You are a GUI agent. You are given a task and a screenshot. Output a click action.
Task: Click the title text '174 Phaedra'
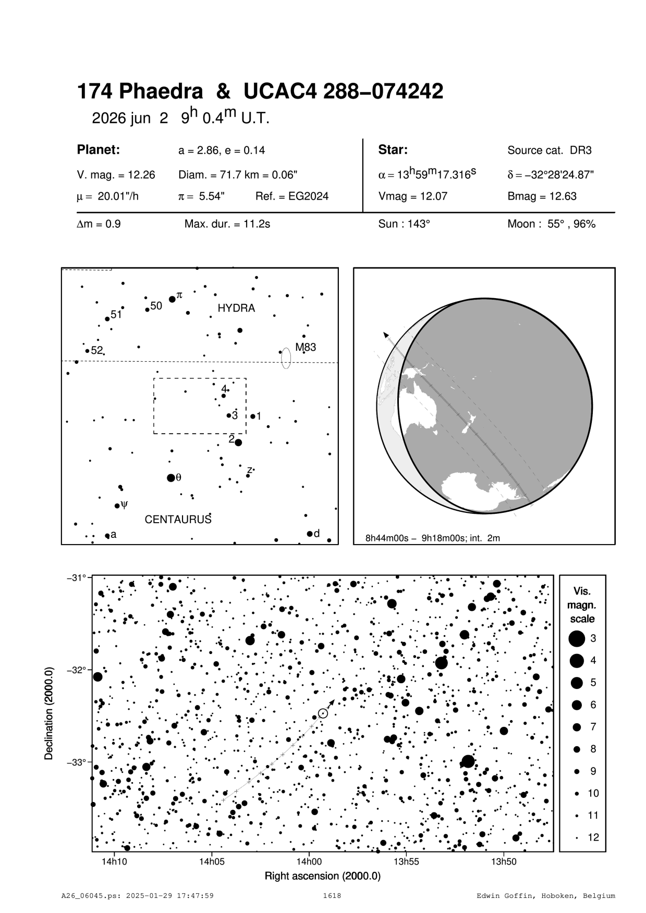pyautogui.click(x=140, y=92)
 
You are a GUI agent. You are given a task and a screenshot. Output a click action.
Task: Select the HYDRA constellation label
pyautogui.click(x=236, y=309)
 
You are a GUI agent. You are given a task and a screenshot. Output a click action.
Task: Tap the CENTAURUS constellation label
pyautogui.click(x=178, y=520)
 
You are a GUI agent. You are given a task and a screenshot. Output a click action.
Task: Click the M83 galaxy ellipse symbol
pyautogui.click(x=286, y=358)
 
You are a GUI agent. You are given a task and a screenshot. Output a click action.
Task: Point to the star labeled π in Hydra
pyautogui.click(x=172, y=299)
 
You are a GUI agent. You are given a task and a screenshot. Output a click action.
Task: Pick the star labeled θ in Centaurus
pyautogui.click(x=170, y=478)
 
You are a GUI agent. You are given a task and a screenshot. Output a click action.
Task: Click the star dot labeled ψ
pyautogui.click(x=117, y=505)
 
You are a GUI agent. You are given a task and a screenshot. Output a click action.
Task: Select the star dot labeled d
pyautogui.click(x=310, y=534)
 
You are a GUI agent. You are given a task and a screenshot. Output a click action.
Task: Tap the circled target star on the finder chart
pyautogui.click(x=323, y=713)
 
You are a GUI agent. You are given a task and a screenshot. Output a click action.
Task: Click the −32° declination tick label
pyautogui.click(x=76, y=670)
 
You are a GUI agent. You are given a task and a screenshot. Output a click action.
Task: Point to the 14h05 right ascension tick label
pyautogui.click(x=211, y=861)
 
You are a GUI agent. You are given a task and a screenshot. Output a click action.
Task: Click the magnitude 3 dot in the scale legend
pyautogui.click(x=577, y=638)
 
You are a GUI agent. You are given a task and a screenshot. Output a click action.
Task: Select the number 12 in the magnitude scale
pyautogui.click(x=593, y=837)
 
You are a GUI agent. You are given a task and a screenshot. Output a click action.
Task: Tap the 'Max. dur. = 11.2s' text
pyautogui.click(x=227, y=225)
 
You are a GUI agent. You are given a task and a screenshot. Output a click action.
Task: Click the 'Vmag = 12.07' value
pyautogui.click(x=412, y=196)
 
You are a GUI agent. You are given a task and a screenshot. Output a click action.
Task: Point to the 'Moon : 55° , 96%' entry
pyautogui.click(x=551, y=225)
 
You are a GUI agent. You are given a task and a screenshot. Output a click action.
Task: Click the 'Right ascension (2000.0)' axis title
pyautogui.click(x=323, y=876)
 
